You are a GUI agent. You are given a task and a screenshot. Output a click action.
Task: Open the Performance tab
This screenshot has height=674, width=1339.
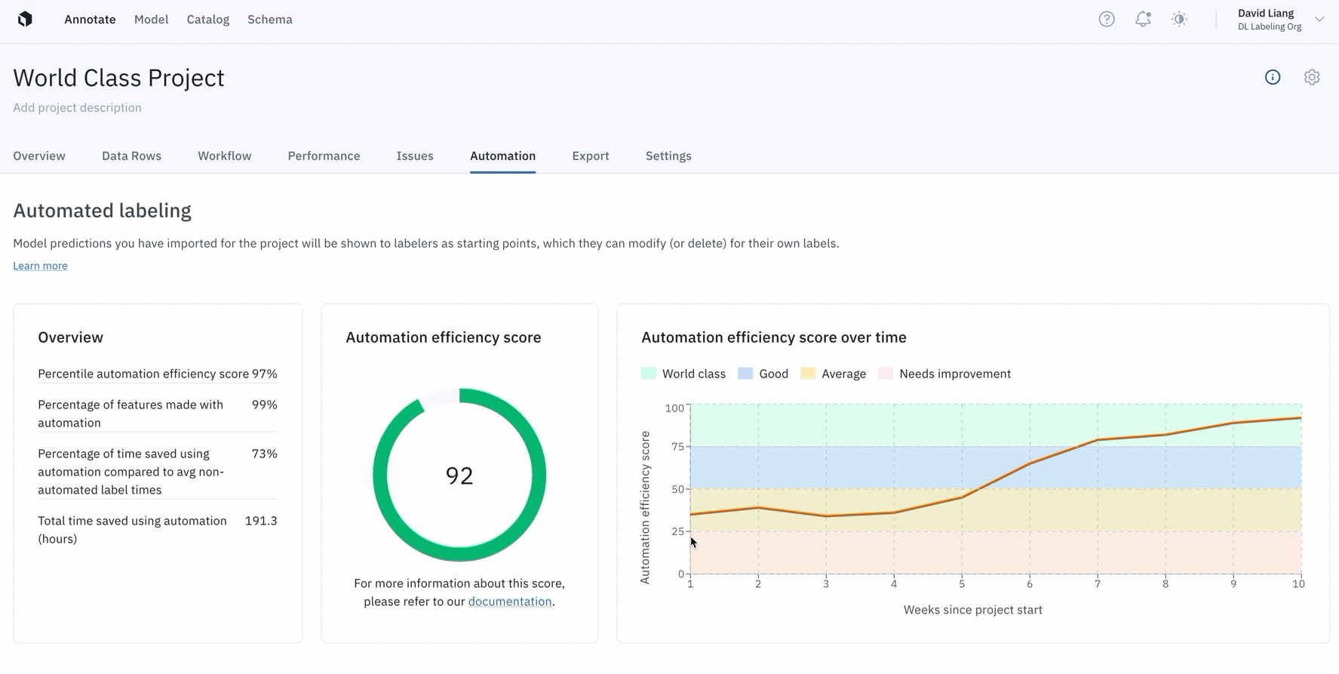pyautogui.click(x=324, y=155)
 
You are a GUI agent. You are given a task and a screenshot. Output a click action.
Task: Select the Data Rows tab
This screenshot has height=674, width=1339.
pyautogui.click(x=131, y=155)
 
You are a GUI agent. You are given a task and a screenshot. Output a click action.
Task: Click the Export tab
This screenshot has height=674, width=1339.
pyautogui.click(x=590, y=155)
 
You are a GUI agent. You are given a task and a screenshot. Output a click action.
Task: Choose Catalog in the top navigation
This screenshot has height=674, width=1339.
pyautogui.click(x=208, y=20)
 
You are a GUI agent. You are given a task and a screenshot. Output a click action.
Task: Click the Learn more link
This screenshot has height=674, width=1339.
pyautogui.click(x=40, y=266)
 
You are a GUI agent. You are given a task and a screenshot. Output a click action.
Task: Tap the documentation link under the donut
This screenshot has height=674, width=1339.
pyautogui.click(x=510, y=602)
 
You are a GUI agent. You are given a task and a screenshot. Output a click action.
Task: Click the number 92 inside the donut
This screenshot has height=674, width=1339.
pyautogui.click(x=459, y=475)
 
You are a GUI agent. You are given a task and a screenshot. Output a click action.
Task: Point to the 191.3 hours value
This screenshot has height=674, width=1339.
pyautogui.click(x=261, y=521)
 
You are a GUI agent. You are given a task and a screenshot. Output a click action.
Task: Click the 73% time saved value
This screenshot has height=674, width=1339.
pyautogui.click(x=264, y=454)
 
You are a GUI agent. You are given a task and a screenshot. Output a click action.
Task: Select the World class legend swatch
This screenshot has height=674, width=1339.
pyautogui.click(x=649, y=374)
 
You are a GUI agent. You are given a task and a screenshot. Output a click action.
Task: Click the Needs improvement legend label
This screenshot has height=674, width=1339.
pyautogui.click(x=955, y=374)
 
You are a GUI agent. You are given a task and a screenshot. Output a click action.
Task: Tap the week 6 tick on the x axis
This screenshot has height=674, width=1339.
pyautogui.click(x=1030, y=583)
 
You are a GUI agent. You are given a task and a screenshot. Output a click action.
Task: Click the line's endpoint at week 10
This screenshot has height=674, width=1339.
pyautogui.click(x=1301, y=417)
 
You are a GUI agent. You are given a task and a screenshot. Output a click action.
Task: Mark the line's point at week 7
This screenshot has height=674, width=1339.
pyautogui.click(x=1098, y=440)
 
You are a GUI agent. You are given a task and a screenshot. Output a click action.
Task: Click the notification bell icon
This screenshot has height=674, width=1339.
pyautogui.click(x=1143, y=20)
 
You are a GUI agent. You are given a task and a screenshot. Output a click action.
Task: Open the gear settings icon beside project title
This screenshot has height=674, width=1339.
pyautogui.click(x=1312, y=77)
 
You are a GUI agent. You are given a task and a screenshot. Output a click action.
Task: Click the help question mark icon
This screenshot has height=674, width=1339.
pyautogui.click(x=1107, y=20)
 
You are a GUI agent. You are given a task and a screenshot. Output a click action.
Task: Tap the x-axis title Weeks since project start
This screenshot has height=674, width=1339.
pyautogui.click(x=973, y=610)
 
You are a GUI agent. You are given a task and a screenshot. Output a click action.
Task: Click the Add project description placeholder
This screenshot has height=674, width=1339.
pyautogui.click(x=77, y=107)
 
